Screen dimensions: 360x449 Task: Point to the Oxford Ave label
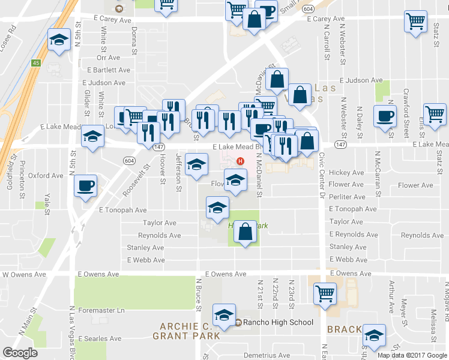pos(46,176)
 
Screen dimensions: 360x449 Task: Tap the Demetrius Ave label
pos(266,355)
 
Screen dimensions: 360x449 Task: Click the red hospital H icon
pos(241,161)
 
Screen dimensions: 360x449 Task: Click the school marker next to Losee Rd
pos(58,40)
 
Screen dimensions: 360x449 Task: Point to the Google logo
pos(20,353)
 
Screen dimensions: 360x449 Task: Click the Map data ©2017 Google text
pos(412,355)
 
